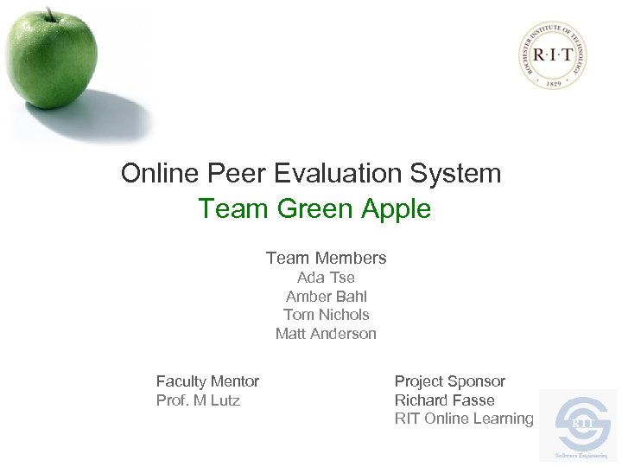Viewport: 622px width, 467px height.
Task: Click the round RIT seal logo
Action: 553,55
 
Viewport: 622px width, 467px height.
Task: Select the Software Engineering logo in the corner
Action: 577,425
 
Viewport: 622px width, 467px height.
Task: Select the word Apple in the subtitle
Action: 390,209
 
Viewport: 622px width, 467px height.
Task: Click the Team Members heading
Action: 326,258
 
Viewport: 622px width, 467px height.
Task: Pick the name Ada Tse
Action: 326,278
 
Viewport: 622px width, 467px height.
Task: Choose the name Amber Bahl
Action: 326,297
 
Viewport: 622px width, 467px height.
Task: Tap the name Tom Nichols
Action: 326,315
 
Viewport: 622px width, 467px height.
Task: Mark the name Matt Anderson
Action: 326,334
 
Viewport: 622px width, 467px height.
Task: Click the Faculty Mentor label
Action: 207,381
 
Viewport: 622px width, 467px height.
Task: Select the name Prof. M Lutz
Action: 198,400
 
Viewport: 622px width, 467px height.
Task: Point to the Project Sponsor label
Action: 449,381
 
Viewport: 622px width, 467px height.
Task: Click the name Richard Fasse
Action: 444,400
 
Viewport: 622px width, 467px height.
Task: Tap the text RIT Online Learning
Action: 464,419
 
